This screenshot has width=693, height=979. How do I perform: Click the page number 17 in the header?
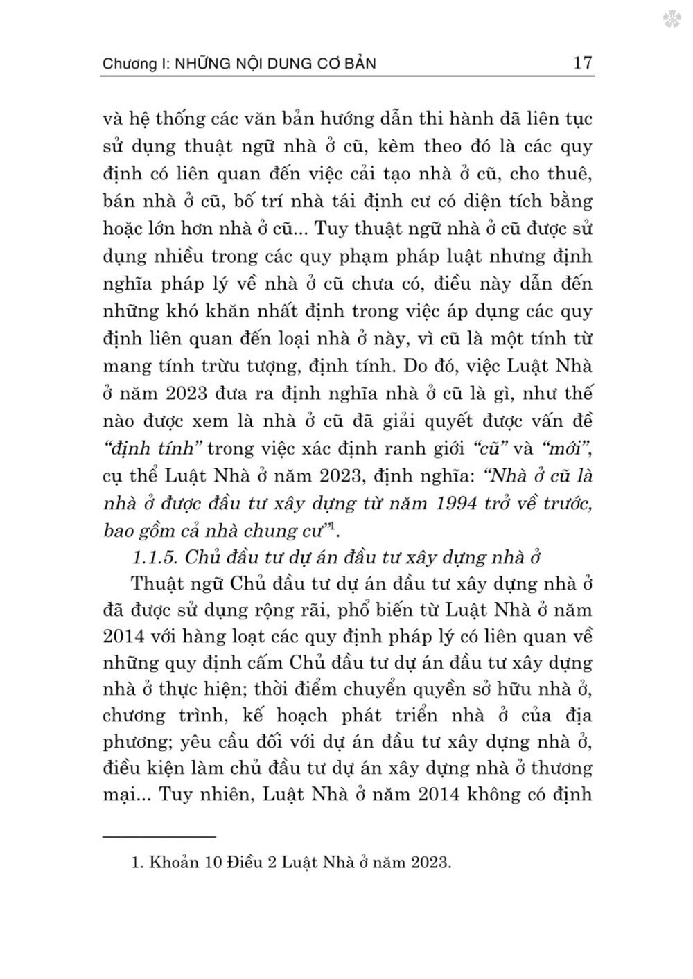(582, 63)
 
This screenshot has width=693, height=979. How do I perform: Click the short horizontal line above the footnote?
(159, 836)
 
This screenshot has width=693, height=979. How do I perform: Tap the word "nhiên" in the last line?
(209, 794)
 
